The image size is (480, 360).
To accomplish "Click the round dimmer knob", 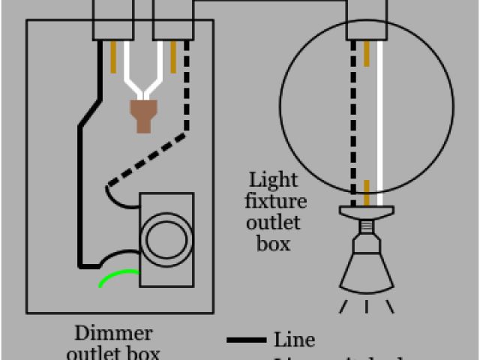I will click(x=164, y=239).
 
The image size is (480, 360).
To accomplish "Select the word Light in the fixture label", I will click(x=274, y=181).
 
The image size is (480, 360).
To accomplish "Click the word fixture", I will click(x=278, y=201).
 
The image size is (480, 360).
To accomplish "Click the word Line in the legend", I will click(x=295, y=340).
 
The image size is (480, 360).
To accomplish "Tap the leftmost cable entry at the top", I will click(x=113, y=19).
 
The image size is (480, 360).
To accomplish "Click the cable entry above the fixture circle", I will click(x=367, y=19).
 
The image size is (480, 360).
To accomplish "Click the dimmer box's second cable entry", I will click(x=172, y=19).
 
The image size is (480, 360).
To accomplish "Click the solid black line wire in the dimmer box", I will click(x=80, y=195).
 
